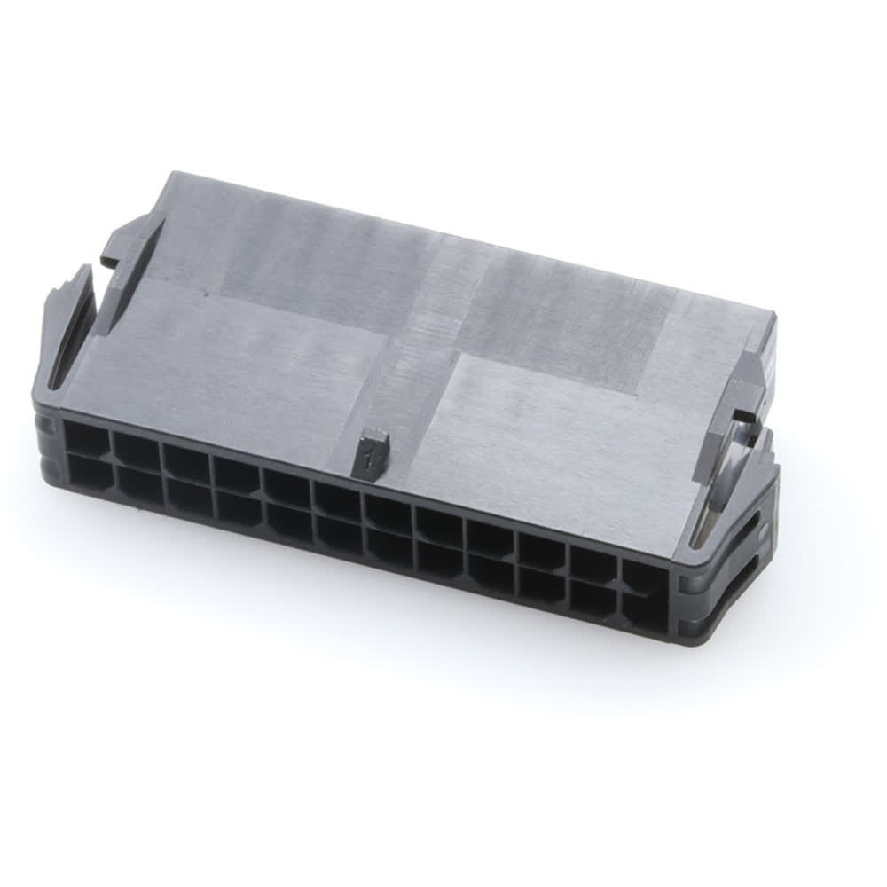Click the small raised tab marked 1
point(372,455)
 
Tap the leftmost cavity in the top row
point(86,437)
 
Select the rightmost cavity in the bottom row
point(644,612)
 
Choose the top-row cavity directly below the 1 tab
point(389,514)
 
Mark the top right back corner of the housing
point(773,315)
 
